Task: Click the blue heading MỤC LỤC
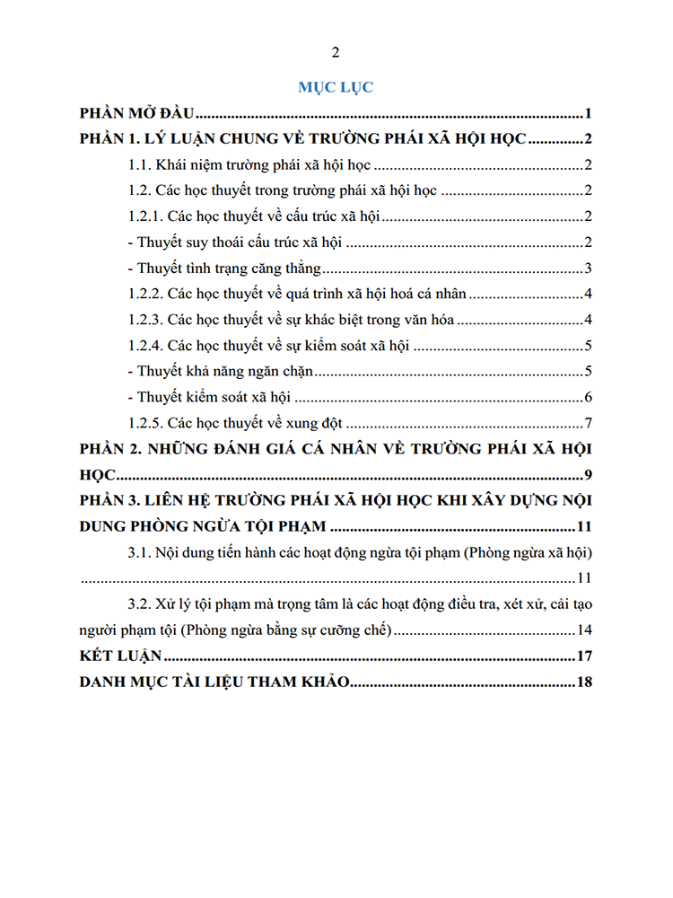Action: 336,87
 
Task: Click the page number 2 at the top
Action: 336,51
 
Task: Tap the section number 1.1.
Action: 140,165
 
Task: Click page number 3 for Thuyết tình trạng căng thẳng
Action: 587,268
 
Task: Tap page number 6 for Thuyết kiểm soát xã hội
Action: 587,397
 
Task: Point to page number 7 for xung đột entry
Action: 587,423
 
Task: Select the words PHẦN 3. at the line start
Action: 109,500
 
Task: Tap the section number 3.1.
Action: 140,551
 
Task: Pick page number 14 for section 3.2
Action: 584,629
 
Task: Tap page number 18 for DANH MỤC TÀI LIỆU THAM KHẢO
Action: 584,682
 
